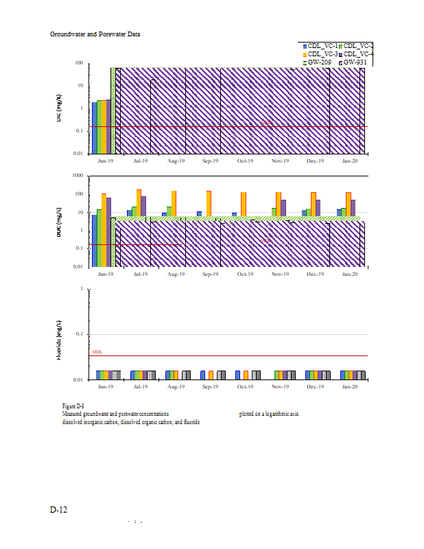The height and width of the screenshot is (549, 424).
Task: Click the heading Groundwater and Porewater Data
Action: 95,34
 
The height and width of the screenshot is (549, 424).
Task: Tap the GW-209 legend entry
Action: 320,62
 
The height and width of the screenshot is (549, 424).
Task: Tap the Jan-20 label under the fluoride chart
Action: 350,386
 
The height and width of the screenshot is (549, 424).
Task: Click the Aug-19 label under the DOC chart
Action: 175,274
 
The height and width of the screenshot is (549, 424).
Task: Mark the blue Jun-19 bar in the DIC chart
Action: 95,128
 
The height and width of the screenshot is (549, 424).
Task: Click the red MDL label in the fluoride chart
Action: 96,351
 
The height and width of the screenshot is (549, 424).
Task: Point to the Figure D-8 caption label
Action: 73,406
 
